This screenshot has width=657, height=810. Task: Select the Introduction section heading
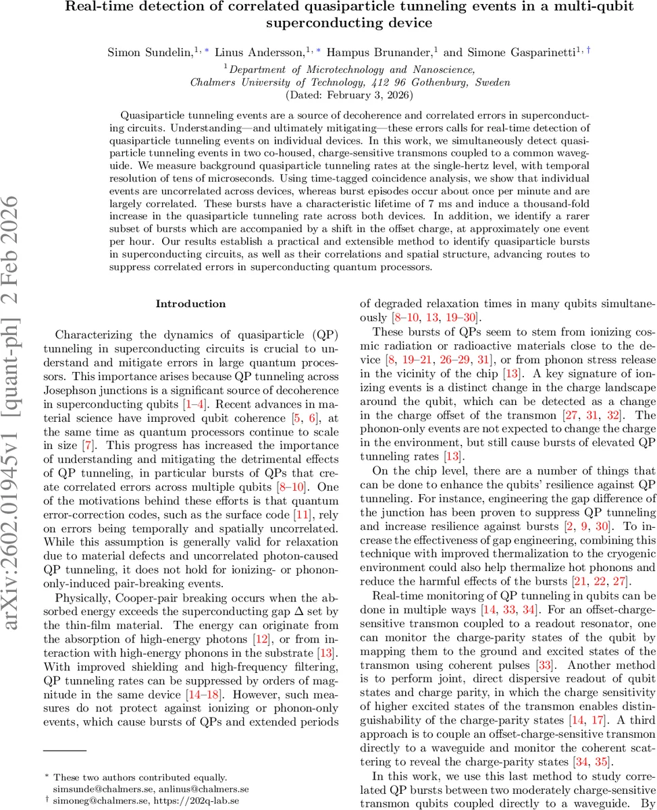pos(191,304)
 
